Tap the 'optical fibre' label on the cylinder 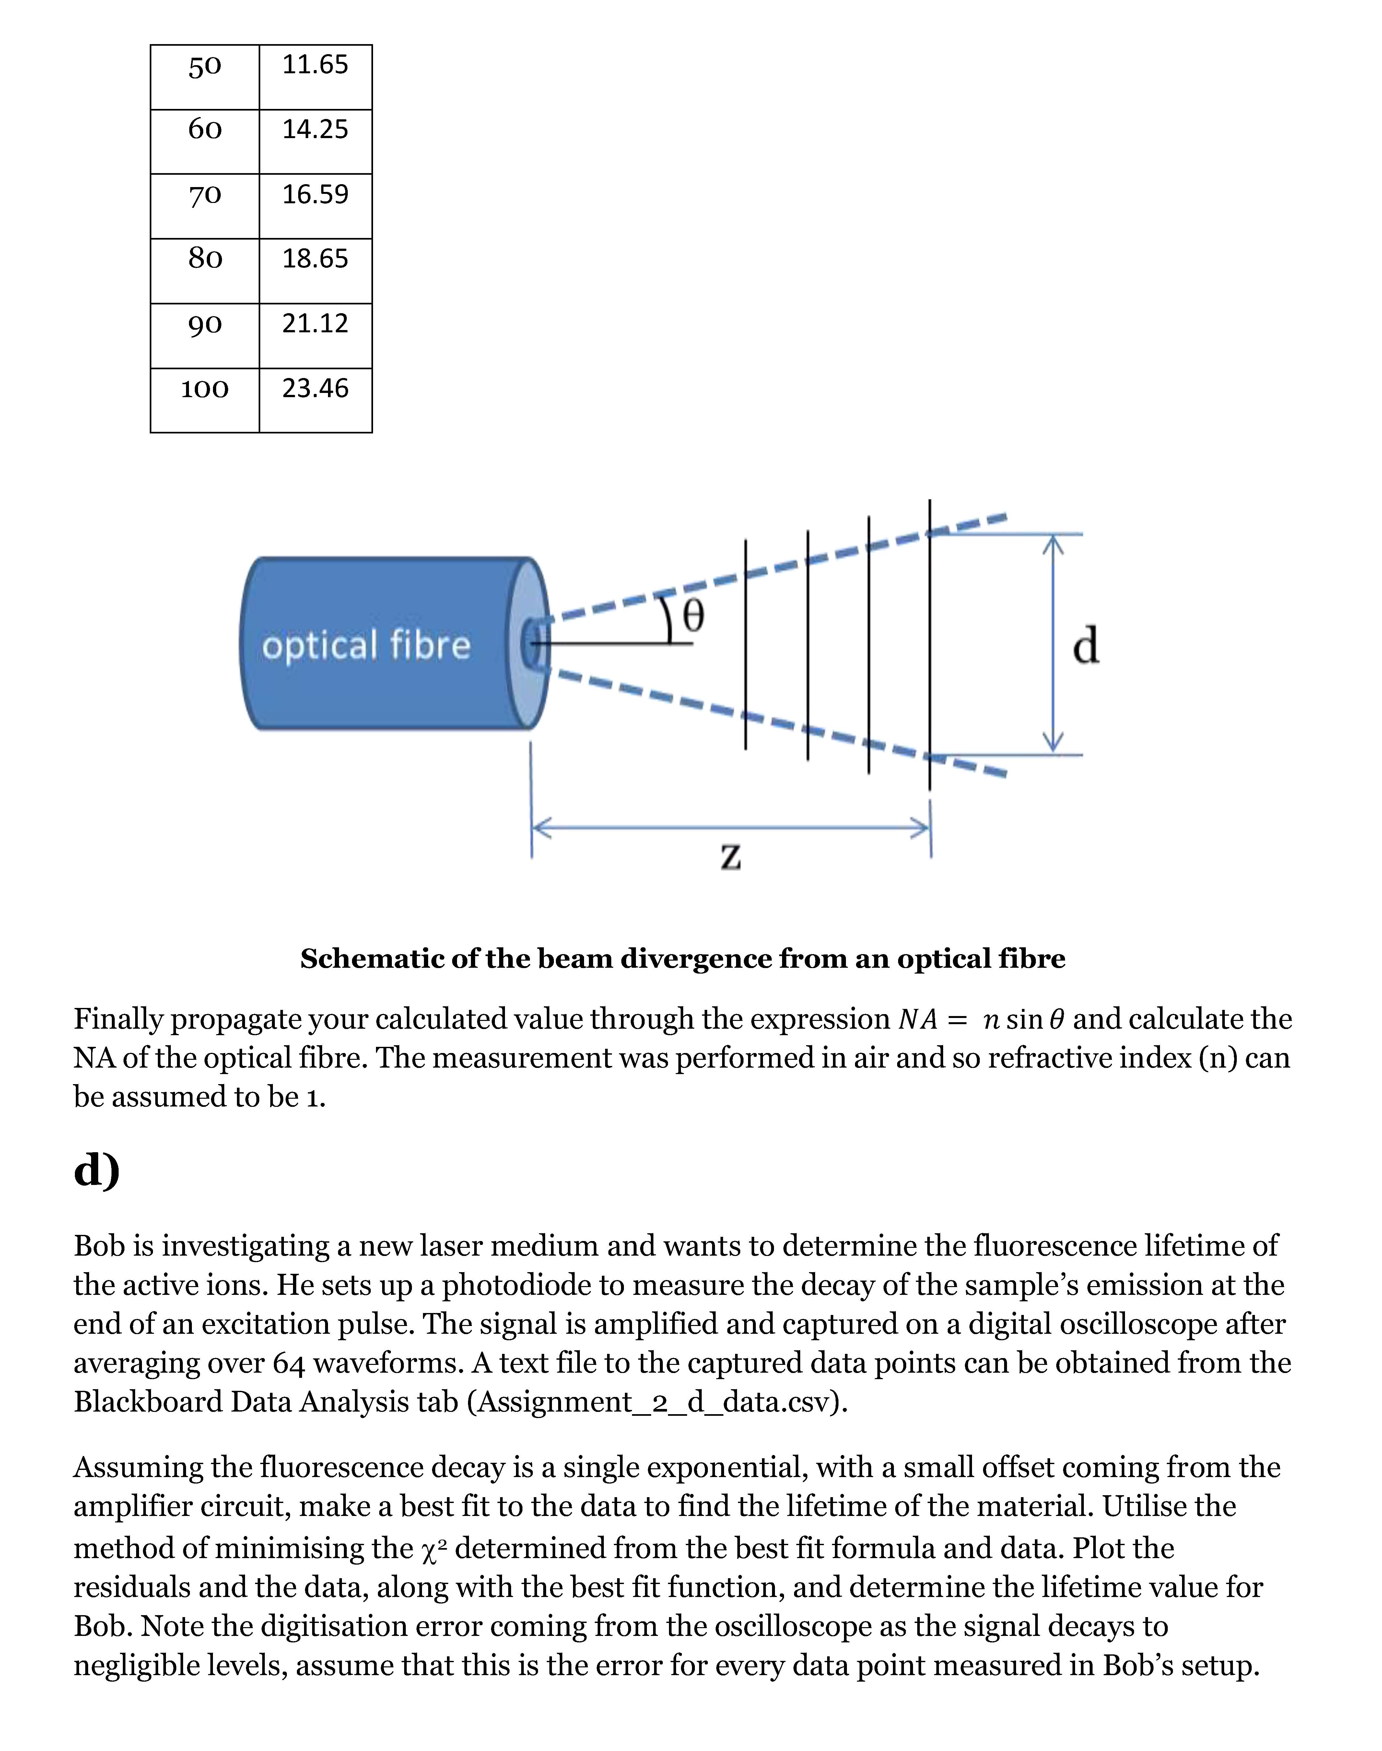pyautogui.click(x=366, y=646)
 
